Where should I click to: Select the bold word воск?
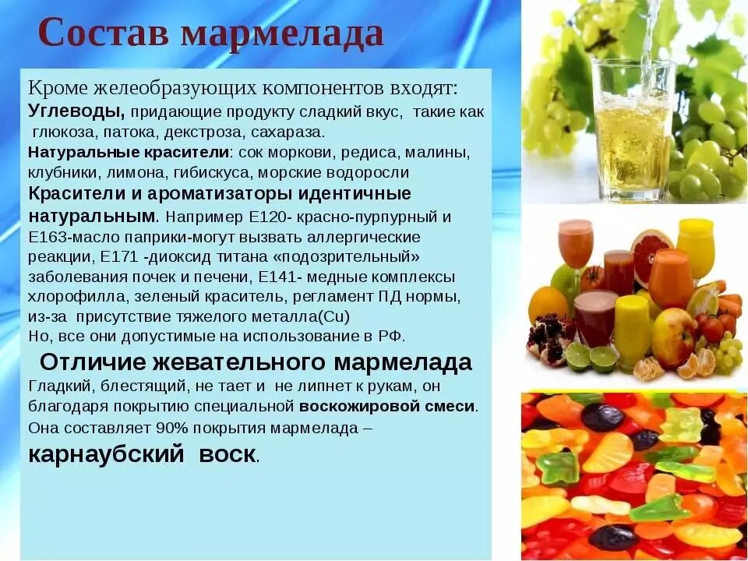coord(227,455)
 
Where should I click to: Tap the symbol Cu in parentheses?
coord(332,316)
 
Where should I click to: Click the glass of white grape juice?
coord(632,129)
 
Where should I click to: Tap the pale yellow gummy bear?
coord(681,425)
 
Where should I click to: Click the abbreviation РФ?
coord(390,337)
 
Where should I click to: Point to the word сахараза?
coord(298,131)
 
